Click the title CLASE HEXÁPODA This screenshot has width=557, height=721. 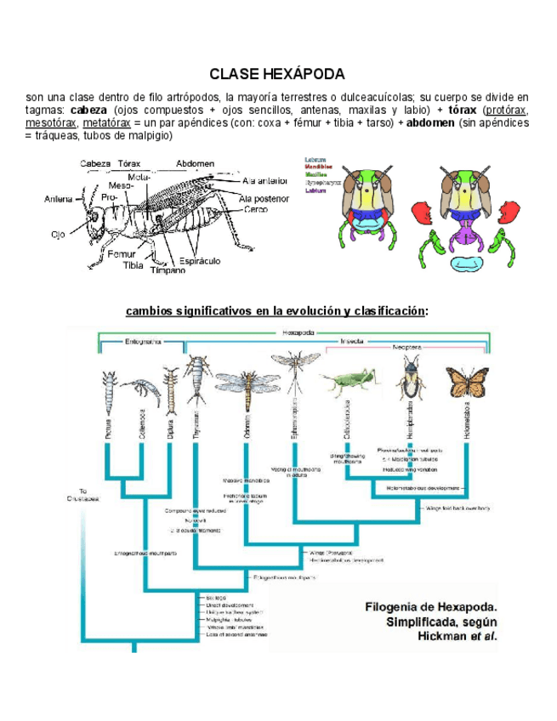[x=277, y=74]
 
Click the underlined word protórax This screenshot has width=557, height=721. [x=507, y=111]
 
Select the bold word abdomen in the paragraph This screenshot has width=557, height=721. [x=430, y=122]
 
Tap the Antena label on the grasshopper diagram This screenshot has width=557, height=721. [x=59, y=199]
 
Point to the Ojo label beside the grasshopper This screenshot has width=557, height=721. [x=57, y=234]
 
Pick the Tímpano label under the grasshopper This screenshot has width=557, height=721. [x=168, y=270]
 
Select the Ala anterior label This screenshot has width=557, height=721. [x=264, y=180]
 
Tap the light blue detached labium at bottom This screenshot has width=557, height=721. [x=465, y=265]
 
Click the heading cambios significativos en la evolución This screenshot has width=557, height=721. [x=277, y=310]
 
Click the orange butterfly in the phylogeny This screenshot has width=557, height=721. [x=467, y=382]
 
